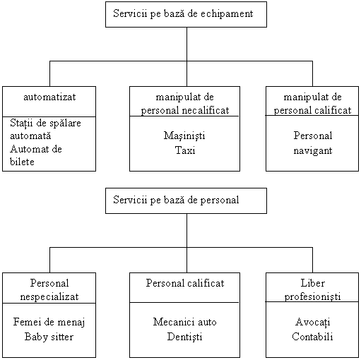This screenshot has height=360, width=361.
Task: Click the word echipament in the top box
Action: [x=227, y=14]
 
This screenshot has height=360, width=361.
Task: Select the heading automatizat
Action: [x=49, y=97]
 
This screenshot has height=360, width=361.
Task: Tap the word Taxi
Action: [x=185, y=150]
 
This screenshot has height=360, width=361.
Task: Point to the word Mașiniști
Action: [x=184, y=136]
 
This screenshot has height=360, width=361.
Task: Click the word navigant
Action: [x=313, y=151]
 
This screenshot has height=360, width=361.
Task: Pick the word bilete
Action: [x=22, y=162]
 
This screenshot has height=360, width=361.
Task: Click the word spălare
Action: [x=64, y=124]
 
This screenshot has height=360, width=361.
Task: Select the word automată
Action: [x=30, y=136]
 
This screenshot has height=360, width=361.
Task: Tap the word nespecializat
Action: [x=49, y=297]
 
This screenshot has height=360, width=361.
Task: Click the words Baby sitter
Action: [x=49, y=337]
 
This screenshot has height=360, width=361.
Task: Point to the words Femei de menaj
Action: [x=49, y=323]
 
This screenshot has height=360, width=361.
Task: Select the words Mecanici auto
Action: [x=185, y=322]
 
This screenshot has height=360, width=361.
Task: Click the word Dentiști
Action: [x=185, y=337]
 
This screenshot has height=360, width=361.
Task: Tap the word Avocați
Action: [x=313, y=322]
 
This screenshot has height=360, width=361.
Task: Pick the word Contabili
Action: [x=312, y=337]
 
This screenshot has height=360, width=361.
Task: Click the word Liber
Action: [x=313, y=283]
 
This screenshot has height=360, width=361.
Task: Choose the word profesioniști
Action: [x=312, y=297]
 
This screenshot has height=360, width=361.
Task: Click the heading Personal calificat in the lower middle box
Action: [x=185, y=283]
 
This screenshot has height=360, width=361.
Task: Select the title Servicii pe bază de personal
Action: [x=176, y=200]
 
